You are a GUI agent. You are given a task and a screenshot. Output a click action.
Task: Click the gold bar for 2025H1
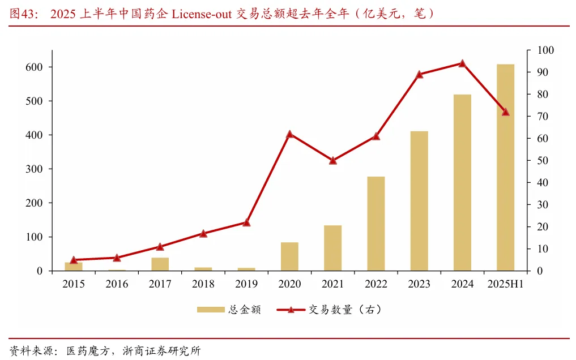click(x=505, y=167)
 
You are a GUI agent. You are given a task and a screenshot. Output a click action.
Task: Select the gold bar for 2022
click(x=376, y=224)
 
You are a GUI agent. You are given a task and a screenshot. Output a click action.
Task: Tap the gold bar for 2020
click(x=289, y=256)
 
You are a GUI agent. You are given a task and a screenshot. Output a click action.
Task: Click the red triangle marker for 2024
click(x=462, y=63)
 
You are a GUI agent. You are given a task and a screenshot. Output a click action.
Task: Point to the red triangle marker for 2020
click(x=289, y=134)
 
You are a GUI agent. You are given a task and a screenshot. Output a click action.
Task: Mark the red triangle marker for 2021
click(x=332, y=160)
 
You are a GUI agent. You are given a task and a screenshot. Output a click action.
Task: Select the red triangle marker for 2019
click(x=246, y=222)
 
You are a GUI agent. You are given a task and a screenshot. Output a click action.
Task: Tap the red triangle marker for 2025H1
click(x=505, y=112)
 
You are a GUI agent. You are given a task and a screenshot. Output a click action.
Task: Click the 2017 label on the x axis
click(x=160, y=284)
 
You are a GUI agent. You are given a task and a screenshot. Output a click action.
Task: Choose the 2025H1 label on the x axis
click(x=505, y=284)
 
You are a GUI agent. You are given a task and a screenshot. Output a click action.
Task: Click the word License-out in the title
click(x=201, y=14)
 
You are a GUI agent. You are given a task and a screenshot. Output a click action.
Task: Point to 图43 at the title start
click(x=23, y=14)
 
